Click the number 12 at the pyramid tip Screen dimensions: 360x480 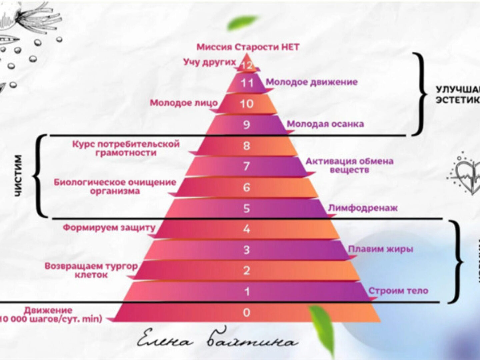click(247, 65)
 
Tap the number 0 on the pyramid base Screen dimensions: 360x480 click(246, 312)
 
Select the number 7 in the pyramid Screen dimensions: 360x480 click(246, 166)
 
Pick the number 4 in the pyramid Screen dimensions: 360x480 click(246, 229)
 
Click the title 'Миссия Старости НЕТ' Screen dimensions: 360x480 click(248, 47)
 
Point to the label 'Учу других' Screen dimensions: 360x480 click(209, 62)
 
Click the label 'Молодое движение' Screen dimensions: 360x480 click(311, 82)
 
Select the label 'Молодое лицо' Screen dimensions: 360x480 click(184, 103)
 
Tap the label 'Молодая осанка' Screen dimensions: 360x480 click(325, 124)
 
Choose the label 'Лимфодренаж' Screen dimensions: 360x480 click(363, 208)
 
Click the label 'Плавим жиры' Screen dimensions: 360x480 click(381, 249)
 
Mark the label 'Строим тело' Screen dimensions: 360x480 click(398, 291)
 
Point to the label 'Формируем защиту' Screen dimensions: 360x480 click(109, 228)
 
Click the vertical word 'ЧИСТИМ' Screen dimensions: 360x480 click(18, 176)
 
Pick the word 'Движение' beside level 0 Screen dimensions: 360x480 click(48, 310)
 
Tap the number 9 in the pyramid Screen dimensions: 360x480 click(246, 125)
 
